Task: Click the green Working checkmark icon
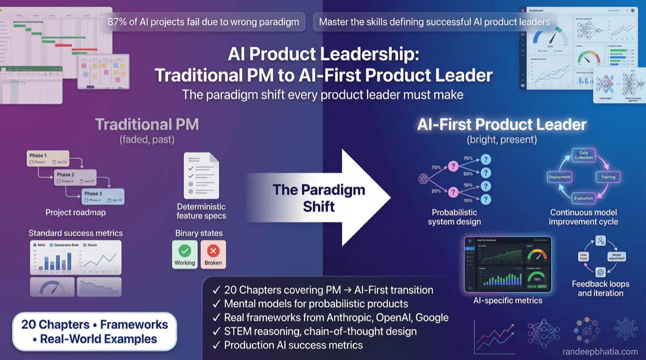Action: click(x=185, y=251)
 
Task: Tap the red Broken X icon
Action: click(x=213, y=251)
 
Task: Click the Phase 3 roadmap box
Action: click(x=103, y=196)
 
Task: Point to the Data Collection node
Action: click(x=582, y=154)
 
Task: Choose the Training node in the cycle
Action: click(x=608, y=177)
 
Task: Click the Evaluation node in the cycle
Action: click(x=583, y=198)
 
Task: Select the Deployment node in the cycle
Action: click(x=559, y=177)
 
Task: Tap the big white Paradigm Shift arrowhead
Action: click(x=366, y=198)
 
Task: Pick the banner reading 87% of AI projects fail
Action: click(x=203, y=22)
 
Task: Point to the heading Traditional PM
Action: click(x=147, y=125)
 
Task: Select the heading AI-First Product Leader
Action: click(x=502, y=125)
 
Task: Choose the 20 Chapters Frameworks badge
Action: click(x=94, y=331)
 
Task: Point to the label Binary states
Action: click(x=199, y=234)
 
